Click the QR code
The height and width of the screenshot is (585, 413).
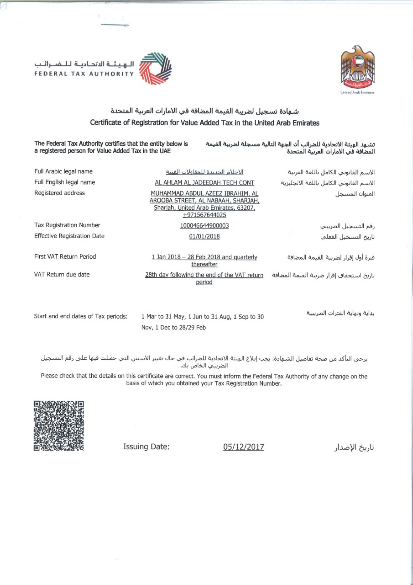coord(59,425)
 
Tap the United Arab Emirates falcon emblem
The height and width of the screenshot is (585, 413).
coord(357,68)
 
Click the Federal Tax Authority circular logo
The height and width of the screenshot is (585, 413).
coord(155,68)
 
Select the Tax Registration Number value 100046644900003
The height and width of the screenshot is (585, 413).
coord(204,225)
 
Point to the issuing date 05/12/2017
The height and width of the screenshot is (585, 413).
coord(243,447)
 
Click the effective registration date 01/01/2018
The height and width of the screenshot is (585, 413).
coord(204,236)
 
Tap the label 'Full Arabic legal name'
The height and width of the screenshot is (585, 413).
coord(63,171)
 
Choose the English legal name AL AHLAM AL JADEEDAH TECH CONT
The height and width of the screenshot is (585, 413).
coord(204,182)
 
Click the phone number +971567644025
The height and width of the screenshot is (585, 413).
coord(204,215)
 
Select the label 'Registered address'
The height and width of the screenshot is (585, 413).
coord(59,193)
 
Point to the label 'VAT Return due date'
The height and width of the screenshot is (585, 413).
coord(62,275)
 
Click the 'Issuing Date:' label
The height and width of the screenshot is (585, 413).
coord(146,447)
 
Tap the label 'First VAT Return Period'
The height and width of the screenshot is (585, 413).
coord(65,256)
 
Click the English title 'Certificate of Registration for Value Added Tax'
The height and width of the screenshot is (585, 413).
coord(204,122)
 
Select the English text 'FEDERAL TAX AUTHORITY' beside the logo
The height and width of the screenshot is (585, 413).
coord(84,73)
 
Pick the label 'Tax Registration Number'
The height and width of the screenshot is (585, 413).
coord(67,225)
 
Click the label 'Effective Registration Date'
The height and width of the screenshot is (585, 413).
coord(69,236)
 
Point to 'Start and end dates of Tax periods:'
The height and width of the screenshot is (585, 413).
coord(81,316)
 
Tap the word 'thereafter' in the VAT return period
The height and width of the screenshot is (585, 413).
coord(204,264)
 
